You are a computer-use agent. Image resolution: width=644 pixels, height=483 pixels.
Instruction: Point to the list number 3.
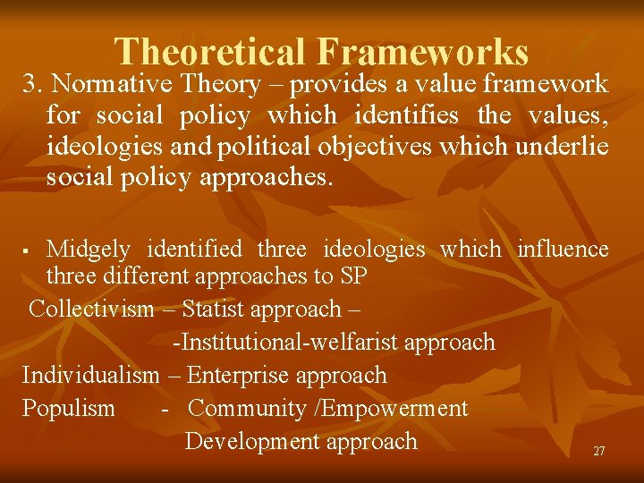tap(33, 84)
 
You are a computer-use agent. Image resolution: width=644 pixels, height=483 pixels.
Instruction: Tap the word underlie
tap(563, 147)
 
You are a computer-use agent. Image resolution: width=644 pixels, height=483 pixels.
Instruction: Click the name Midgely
tap(88, 249)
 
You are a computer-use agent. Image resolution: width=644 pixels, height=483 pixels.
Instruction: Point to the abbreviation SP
tap(354, 276)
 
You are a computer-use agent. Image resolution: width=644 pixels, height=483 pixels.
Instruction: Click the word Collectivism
tap(91, 309)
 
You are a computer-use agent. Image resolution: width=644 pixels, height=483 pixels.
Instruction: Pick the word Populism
tap(69, 409)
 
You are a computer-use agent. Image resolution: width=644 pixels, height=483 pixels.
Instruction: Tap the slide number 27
tap(598, 452)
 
